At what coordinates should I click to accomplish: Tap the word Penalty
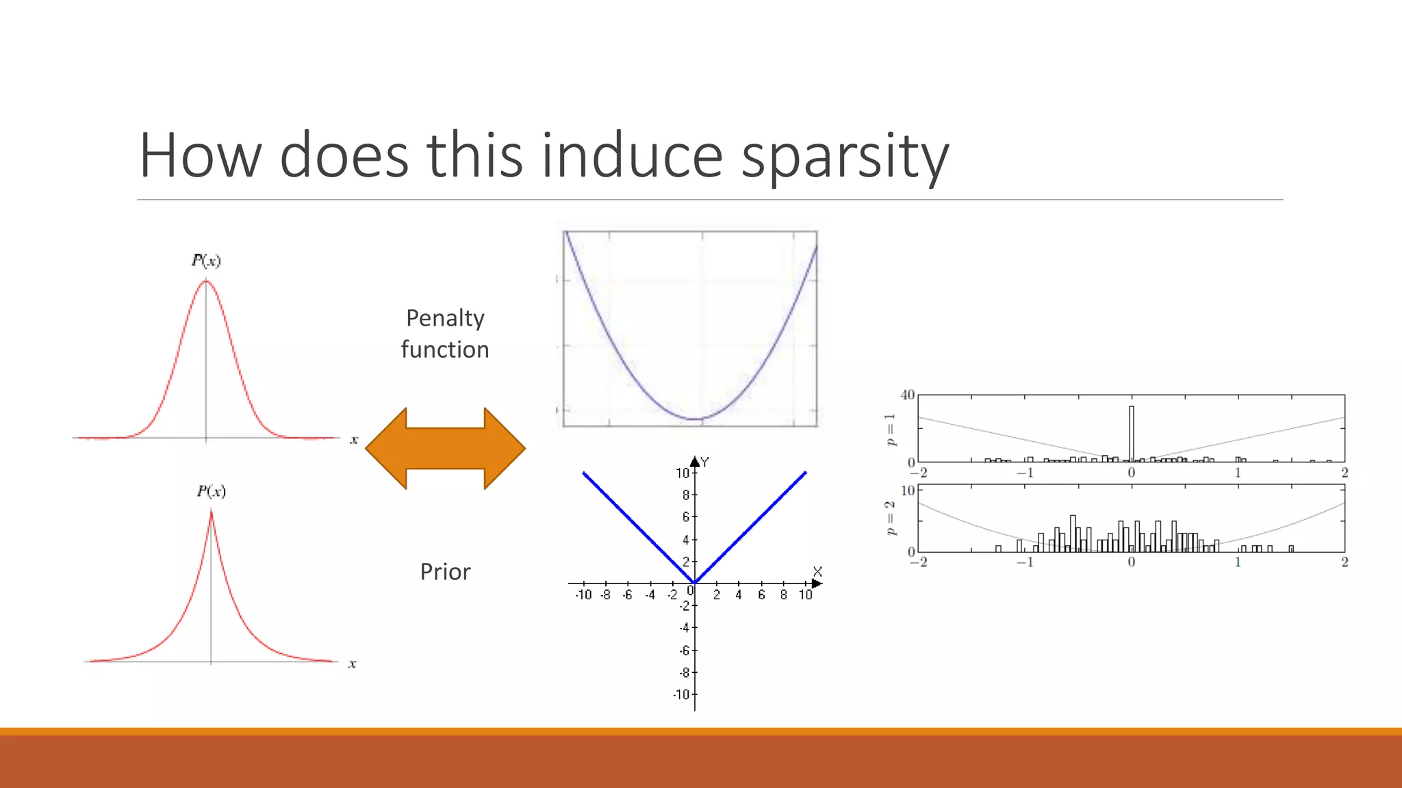(445, 318)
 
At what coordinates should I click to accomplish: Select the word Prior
(445, 572)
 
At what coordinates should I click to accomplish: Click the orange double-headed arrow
(445, 449)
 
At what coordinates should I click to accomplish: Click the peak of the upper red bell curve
(206, 281)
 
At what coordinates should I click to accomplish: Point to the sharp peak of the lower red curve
(211, 512)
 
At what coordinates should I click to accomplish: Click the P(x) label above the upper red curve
(206, 260)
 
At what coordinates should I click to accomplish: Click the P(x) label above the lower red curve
(211, 491)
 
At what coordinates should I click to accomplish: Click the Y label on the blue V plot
(705, 462)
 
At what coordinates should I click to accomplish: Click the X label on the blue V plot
(817, 571)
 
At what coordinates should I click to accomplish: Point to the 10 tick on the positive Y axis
(683, 473)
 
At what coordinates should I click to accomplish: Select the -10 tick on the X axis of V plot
(583, 595)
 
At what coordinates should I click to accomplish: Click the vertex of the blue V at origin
(694, 583)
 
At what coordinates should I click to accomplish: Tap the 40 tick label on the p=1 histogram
(908, 395)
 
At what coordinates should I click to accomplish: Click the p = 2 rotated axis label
(890, 518)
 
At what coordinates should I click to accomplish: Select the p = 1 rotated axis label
(890, 430)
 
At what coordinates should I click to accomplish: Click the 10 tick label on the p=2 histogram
(908, 490)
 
